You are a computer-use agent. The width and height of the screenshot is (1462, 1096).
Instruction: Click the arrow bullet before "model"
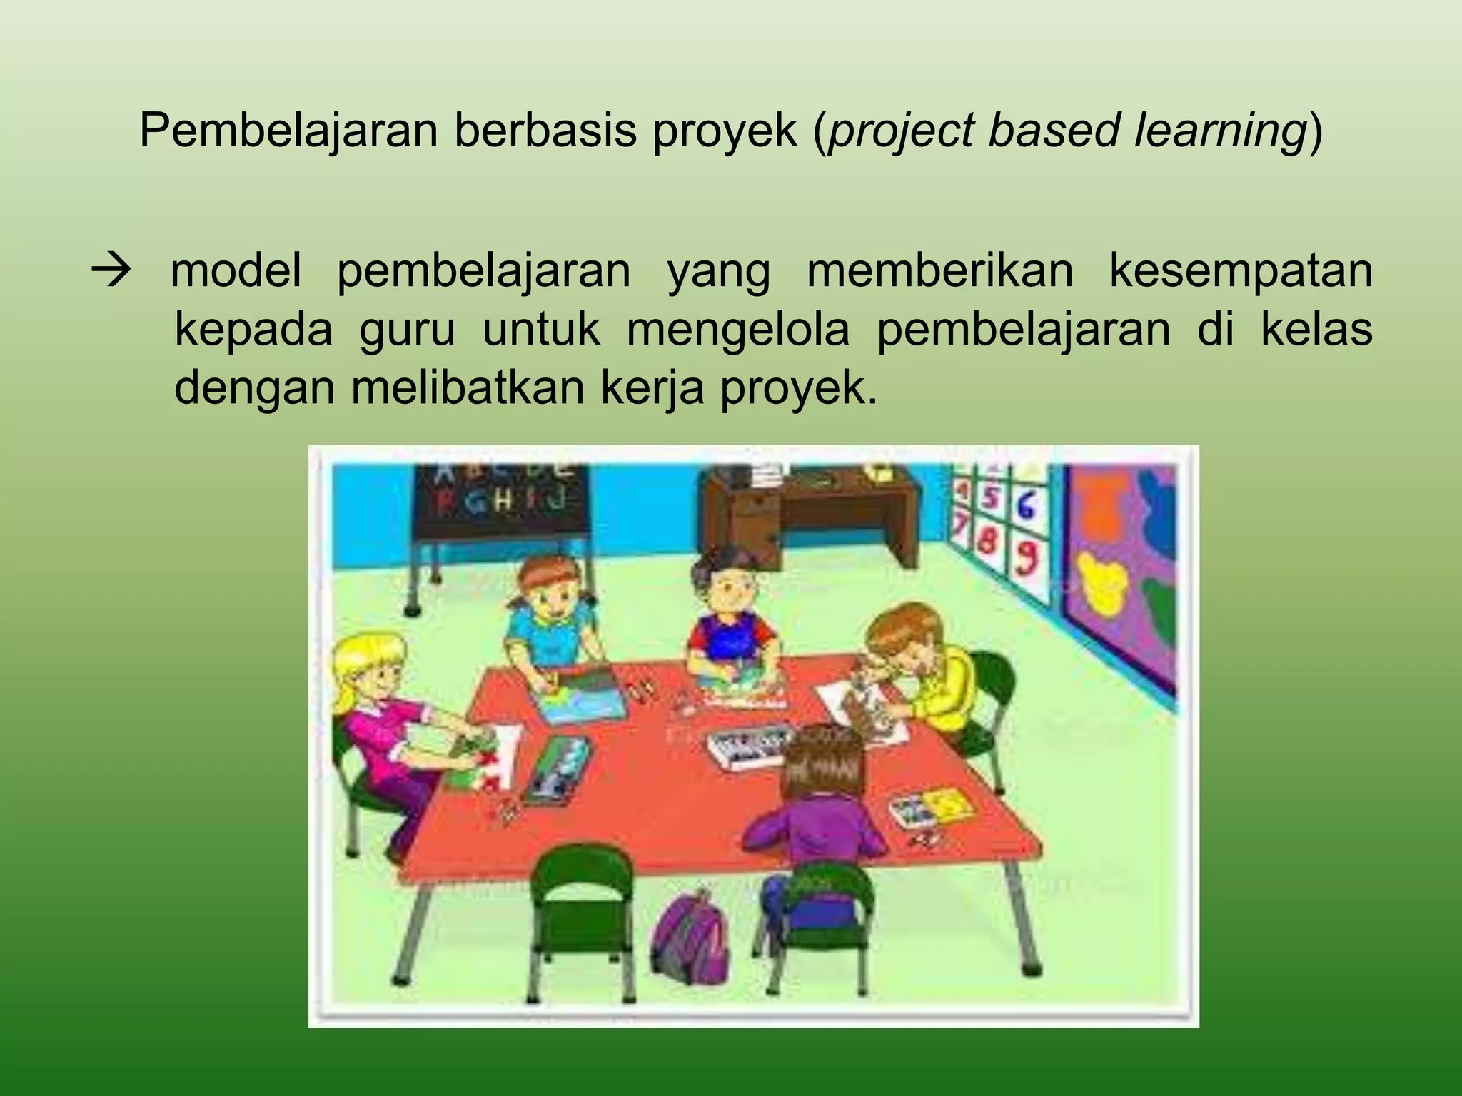(112, 270)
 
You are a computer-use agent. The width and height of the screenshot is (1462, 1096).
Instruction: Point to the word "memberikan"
(939, 270)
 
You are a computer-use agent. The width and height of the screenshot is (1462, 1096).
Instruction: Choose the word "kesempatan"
(1240, 270)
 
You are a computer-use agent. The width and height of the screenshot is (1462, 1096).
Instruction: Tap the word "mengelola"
(738, 330)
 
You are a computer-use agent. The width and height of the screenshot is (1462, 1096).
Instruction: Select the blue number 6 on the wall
(1025, 505)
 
